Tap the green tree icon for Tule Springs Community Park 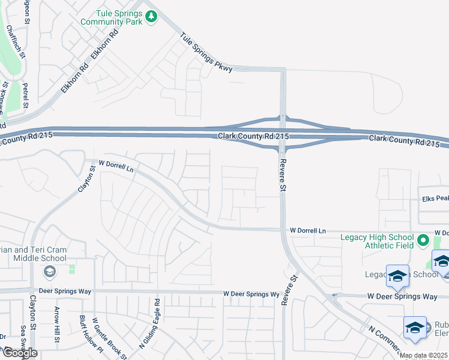pyautogui.click(x=151, y=17)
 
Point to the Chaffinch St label pyautogui.click(x=16, y=43)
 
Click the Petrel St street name pyautogui.click(x=25, y=95)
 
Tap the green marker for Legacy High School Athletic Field pyautogui.click(x=423, y=241)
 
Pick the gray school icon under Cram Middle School pyautogui.click(x=49, y=272)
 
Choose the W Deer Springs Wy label pyautogui.click(x=252, y=294)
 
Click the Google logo pyautogui.click(x=20, y=353)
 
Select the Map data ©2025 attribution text pyautogui.click(x=424, y=355)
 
